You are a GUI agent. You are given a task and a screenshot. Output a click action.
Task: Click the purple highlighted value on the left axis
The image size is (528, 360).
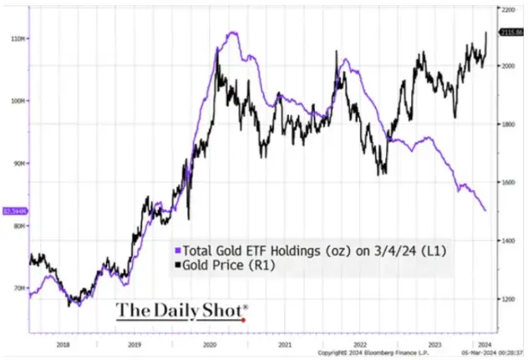(14, 210)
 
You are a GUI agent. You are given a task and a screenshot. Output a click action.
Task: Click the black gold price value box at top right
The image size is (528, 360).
(511, 32)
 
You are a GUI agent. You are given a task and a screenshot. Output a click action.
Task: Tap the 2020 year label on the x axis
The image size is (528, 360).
(210, 343)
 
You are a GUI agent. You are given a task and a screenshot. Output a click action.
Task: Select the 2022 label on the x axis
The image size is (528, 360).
(361, 343)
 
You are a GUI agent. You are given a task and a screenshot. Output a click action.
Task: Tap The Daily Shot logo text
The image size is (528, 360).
(180, 311)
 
